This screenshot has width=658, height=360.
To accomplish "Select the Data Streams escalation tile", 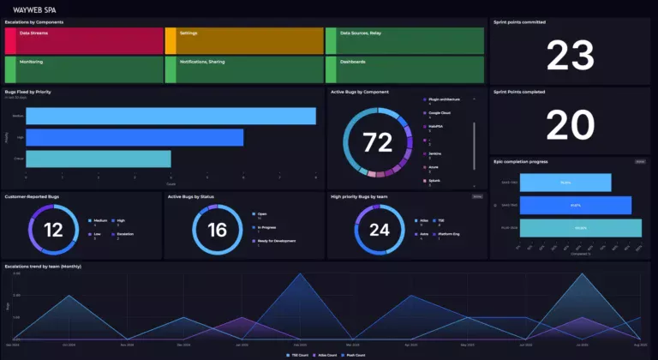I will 84,40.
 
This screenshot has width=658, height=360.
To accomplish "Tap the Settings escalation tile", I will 244,40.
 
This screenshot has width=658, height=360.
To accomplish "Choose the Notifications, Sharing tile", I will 244,69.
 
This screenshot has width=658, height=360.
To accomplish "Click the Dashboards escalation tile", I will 404,69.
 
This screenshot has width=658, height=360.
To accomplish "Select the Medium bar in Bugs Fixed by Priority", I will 170,116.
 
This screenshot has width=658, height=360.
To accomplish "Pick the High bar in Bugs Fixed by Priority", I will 135,137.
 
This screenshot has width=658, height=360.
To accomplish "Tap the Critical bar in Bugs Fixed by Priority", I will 98,159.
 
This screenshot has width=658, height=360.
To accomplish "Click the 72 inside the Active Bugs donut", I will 377,141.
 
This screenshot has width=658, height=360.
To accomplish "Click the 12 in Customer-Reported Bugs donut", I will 53,229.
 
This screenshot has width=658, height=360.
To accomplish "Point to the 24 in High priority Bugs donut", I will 379,229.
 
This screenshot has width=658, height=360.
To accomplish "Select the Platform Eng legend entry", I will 451,233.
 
